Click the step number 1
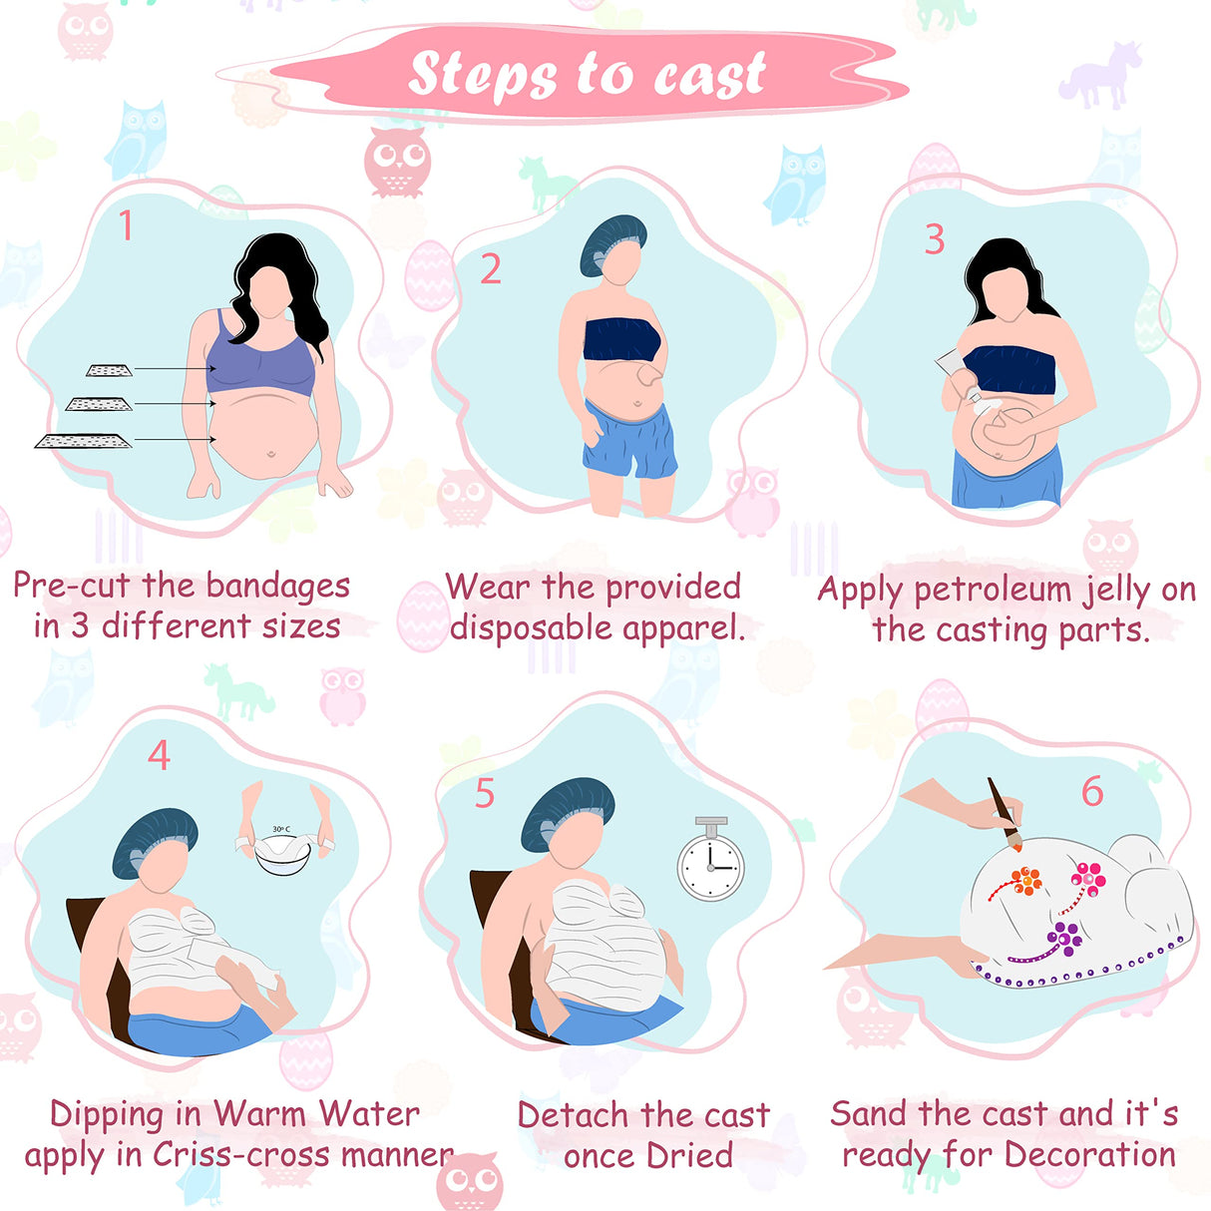[126, 225]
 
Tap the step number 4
[159, 755]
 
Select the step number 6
[1092, 792]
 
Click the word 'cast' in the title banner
[709, 75]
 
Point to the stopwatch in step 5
[711, 863]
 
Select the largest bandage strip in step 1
[84, 441]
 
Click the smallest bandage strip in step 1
[109, 370]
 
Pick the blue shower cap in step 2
[611, 241]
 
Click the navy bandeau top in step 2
[621, 341]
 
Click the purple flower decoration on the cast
[1063, 937]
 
